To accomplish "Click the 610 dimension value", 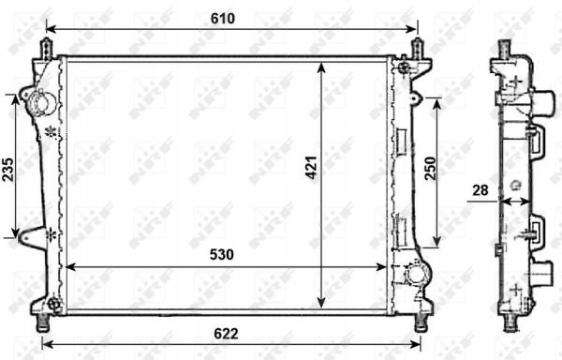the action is tap(223, 19).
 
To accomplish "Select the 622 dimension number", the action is tap(226, 334).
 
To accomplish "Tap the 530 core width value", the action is tap(221, 255).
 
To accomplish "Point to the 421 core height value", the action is tap(311, 168).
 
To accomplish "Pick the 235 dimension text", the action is tap(7, 170).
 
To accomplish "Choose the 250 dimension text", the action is tap(430, 169).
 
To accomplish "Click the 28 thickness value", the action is tap(481, 190).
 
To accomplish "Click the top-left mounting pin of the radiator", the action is tap(48, 49).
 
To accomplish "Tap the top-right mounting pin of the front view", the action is tap(417, 48).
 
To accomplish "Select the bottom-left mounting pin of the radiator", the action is tap(43, 323).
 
